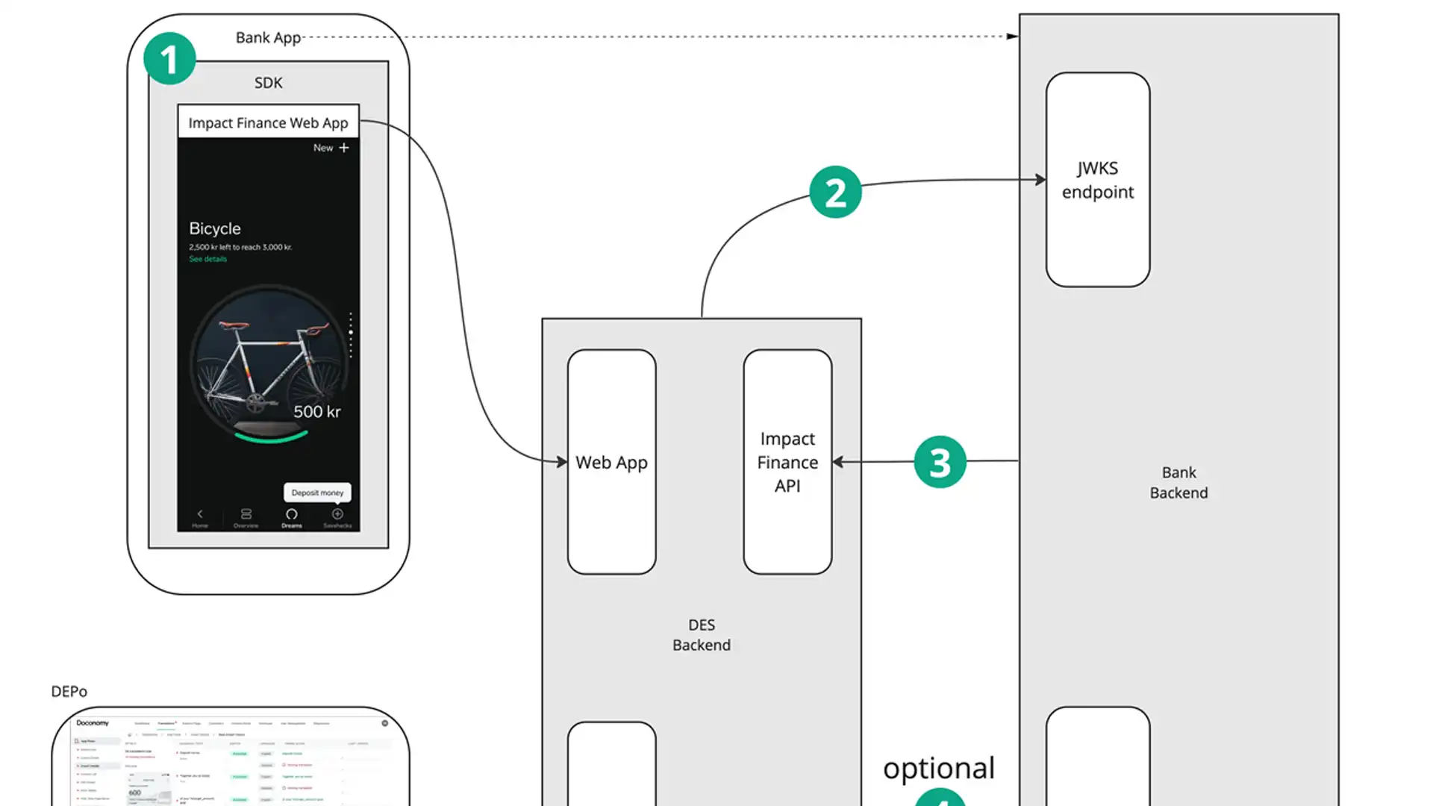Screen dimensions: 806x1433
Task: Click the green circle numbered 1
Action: pos(169,59)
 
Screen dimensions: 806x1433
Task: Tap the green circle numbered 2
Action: pos(835,193)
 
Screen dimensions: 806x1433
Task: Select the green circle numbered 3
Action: pos(940,462)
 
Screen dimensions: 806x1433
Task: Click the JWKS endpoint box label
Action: pos(1097,180)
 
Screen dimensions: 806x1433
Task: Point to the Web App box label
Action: pos(611,463)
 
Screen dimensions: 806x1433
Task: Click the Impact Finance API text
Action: pos(787,463)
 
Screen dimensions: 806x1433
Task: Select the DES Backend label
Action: pos(701,635)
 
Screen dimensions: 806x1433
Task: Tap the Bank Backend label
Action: pos(1178,483)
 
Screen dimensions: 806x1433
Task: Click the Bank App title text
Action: pos(268,37)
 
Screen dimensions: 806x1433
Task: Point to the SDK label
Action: pos(268,83)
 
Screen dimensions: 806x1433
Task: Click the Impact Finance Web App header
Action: pos(268,123)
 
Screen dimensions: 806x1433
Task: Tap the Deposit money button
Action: pos(317,493)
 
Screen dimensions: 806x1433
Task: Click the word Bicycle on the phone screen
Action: pos(215,228)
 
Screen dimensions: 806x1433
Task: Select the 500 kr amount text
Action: pos(316,412)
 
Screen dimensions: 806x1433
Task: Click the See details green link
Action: pos(207,259)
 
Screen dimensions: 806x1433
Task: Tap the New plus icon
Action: pos(343,148)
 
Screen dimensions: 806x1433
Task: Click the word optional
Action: pos(938,768)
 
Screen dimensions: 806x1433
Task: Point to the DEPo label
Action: pos(69,692)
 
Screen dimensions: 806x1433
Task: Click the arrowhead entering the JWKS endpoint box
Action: pos(1040,180)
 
